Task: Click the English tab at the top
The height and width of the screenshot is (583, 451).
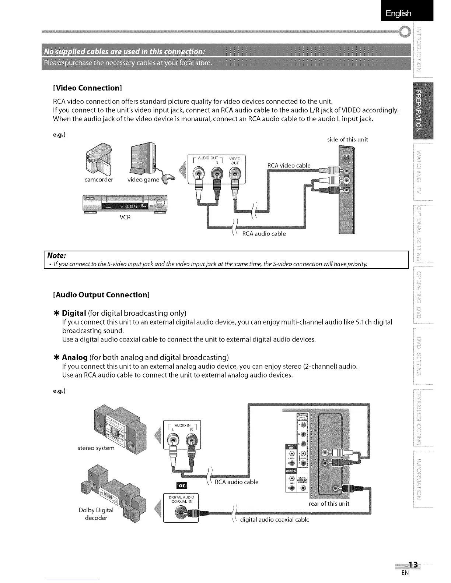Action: click(x=398, y=14)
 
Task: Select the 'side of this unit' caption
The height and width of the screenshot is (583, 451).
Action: click(x=347, y=139)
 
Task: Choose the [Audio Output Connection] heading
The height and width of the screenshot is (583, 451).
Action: click(x=101, y=295)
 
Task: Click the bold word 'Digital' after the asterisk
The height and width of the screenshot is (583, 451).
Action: click(x=74, y=313)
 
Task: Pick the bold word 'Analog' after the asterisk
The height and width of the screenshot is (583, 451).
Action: click(x=75, y=357)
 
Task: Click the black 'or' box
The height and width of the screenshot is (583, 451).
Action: click(x=182, y=485)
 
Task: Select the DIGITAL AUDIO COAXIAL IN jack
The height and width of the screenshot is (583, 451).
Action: click(x=180, y=512)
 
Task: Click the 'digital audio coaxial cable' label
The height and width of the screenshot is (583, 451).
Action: click(x=275, y=520)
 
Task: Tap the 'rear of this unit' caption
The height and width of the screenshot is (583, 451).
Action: click(x=329, y=504)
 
